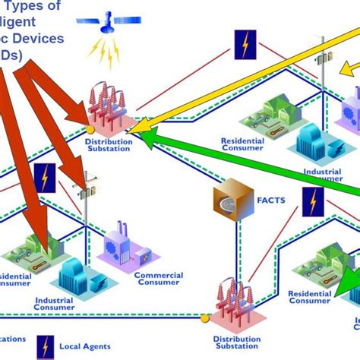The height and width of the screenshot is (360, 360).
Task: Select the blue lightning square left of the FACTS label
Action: pyautogui.click(x=46, y=178)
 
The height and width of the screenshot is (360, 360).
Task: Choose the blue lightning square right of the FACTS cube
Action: pyautogui.click(x=312, y=201)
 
